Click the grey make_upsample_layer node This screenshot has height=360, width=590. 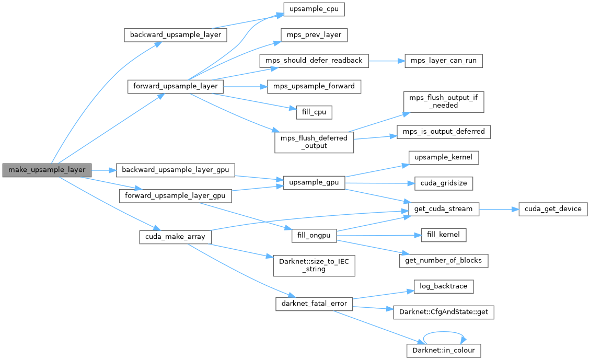(x=47, y=170)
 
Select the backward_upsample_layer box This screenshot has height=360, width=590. (x=176, y=36)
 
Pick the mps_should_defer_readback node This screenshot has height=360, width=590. (x=314, y=61)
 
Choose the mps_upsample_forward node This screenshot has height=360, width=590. (x=314, y=86)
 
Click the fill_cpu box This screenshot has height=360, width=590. (x=314, y=112)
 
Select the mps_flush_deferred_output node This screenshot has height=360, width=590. (x=314, y=142)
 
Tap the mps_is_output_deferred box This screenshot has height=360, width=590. (x=443, y=131)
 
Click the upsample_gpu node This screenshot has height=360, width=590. (x=314, y=183)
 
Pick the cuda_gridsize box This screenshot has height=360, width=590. (x=443, y=183)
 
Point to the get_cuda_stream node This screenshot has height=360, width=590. (x=443, y=209)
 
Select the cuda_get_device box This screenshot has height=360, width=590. (x=553, y=209)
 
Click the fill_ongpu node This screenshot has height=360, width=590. (x=314, y=235)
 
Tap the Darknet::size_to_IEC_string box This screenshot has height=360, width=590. (x=314, y=265)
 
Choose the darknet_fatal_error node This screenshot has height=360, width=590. (x=314, y=304)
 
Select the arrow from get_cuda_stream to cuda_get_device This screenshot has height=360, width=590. (x=498, y=209)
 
